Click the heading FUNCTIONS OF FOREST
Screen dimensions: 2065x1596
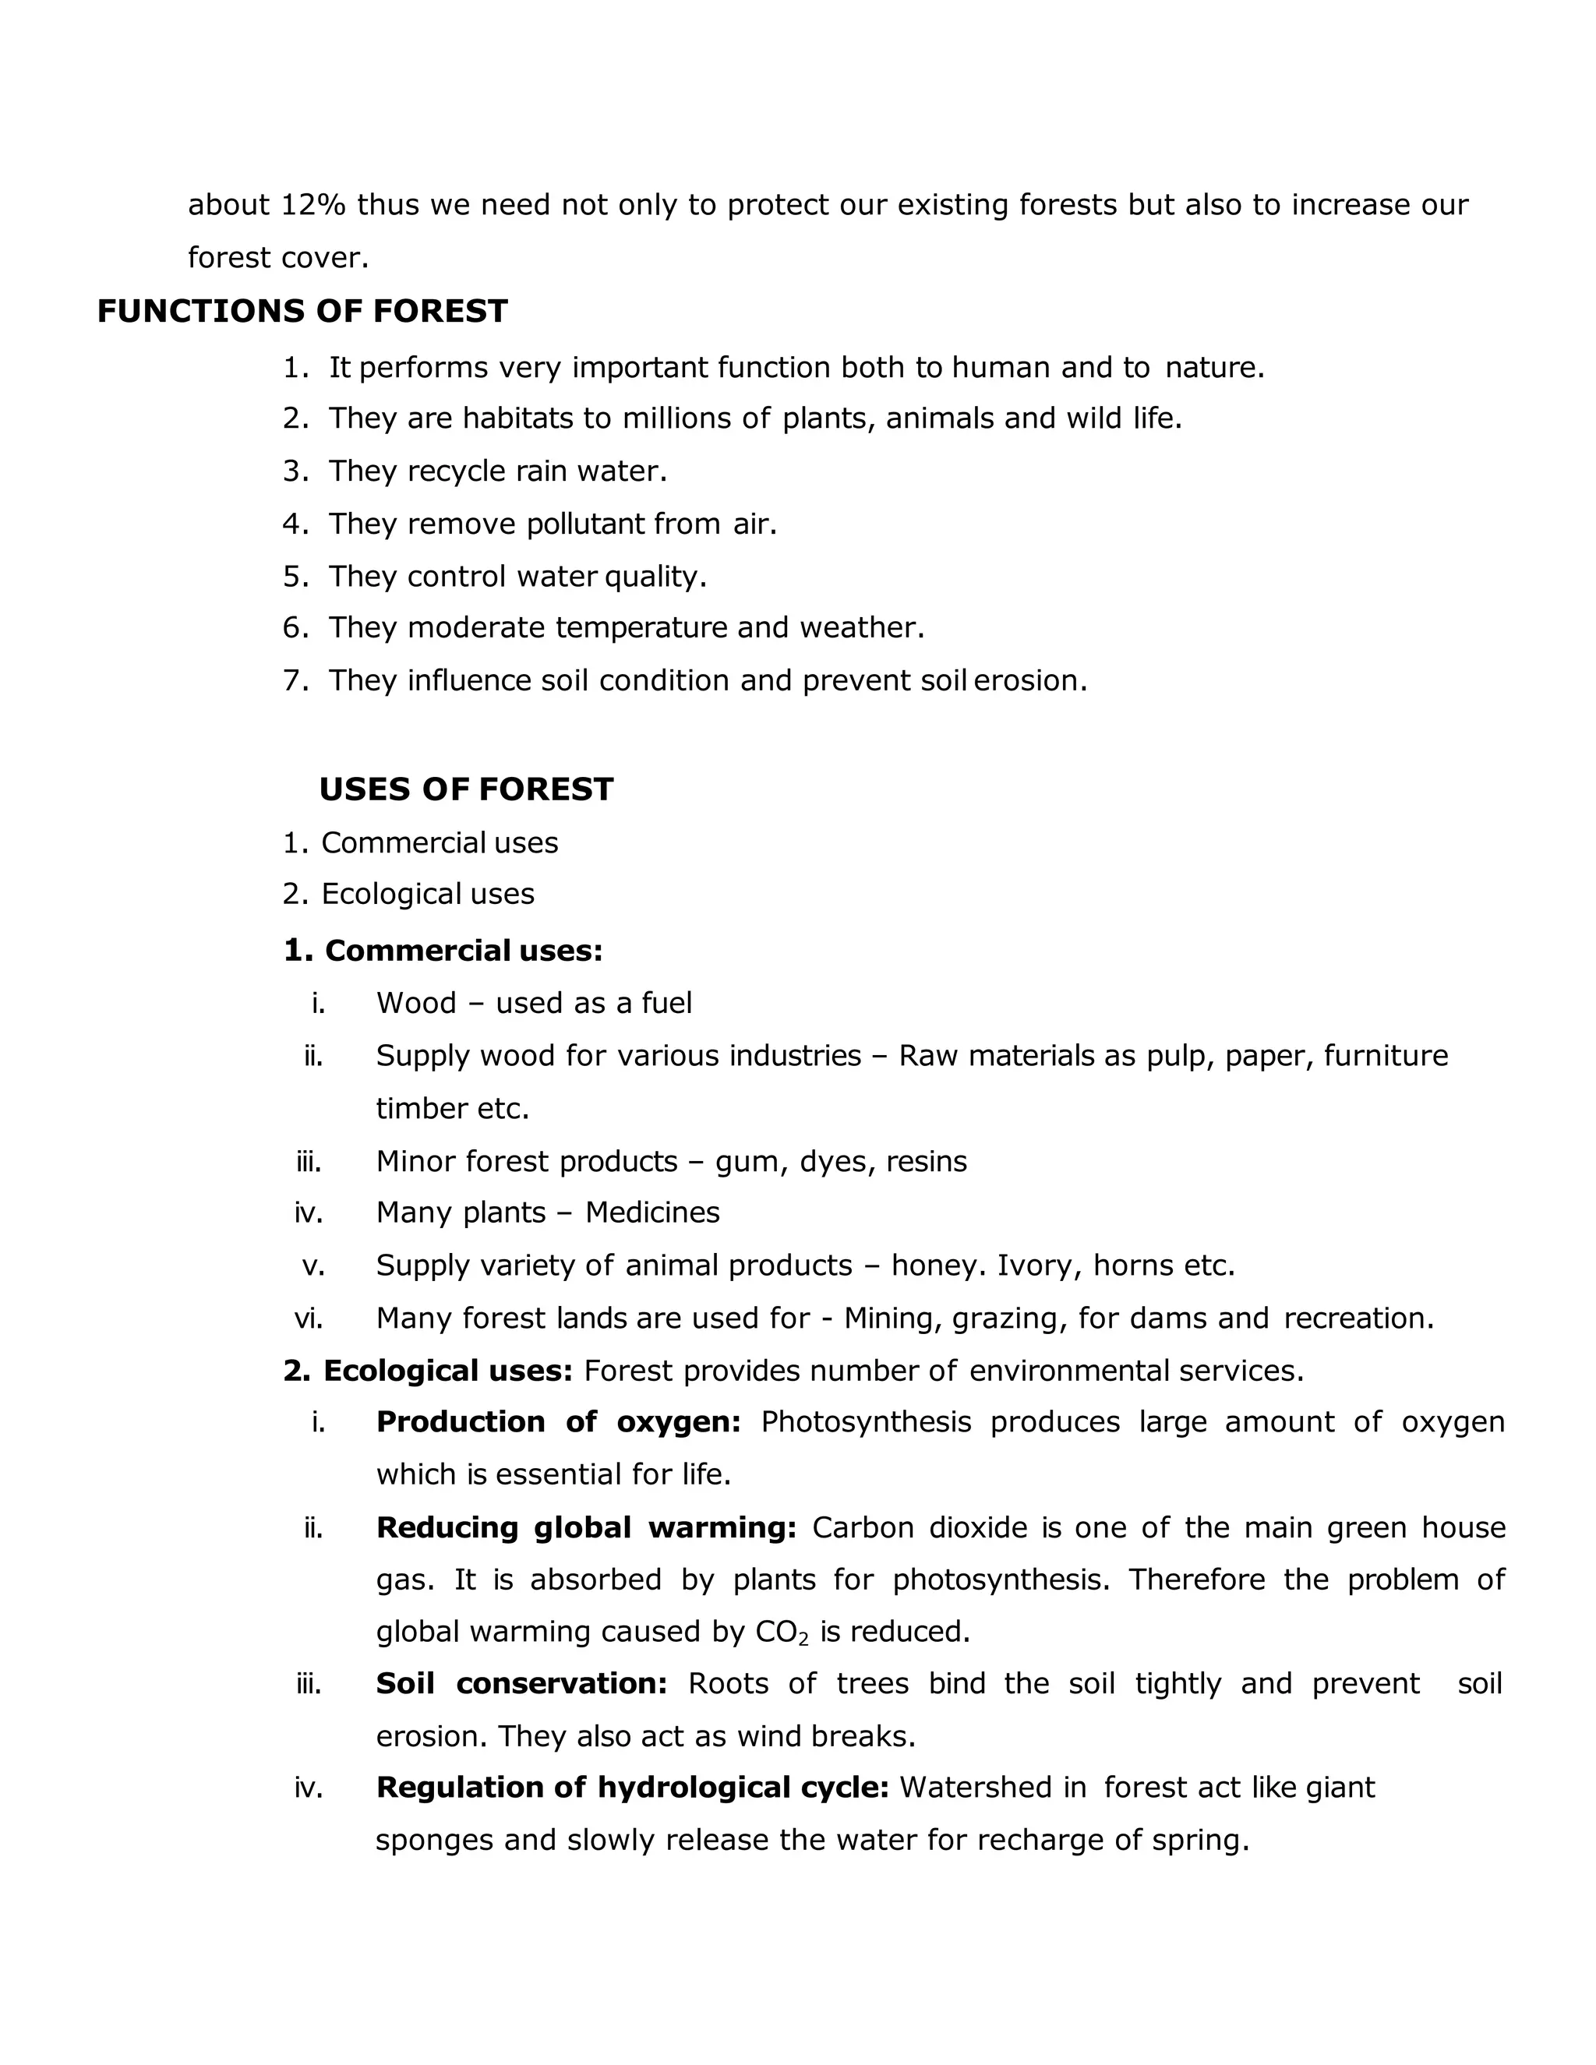302,311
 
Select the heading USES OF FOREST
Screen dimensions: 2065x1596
466,789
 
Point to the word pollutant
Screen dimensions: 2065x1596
585,523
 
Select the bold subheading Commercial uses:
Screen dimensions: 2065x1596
464,950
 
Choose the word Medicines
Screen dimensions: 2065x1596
652,1213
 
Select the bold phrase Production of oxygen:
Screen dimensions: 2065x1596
558,1422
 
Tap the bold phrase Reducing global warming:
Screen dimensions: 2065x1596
586,1528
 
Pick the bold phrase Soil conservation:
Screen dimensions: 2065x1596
522,1684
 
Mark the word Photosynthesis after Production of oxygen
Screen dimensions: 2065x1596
865,1422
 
